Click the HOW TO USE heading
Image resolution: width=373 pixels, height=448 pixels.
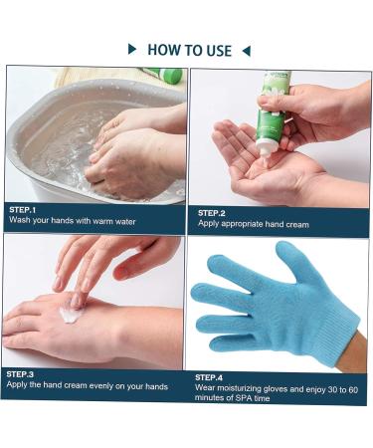pyautogui.click(x=189, y=49)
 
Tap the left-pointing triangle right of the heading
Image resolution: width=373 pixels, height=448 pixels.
pyautogui.click(x=247, y=49)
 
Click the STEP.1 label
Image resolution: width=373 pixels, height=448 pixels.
pyautogui.click(x=24, y=209)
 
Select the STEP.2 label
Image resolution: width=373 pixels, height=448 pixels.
pyautogui.click(x=212, y=213)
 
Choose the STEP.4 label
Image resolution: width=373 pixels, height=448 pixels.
pyautogui.click(x=209, y=377)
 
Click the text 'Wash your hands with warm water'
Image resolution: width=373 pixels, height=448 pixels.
pyautogui.click(x=72, y=221)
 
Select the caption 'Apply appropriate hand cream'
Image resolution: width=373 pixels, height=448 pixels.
pyautogui.click(x=253, y=225)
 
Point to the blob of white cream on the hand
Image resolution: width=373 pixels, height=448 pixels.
pyautogui.click(x=71, y=315)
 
